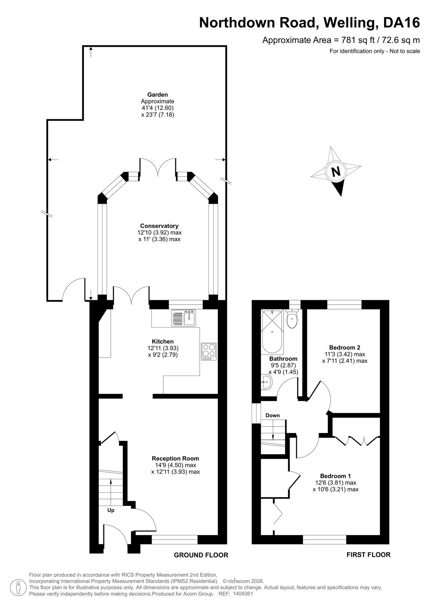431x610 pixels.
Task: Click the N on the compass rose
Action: pyautogui.click(x=336, y=172)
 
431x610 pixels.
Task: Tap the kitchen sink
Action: pyautogui.click(x=184, y=318)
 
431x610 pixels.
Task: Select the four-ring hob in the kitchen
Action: pyautogui.click(x=209, y=352)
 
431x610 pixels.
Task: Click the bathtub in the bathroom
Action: pyautogui.click(x=272, y=331)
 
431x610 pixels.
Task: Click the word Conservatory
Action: pyautogui.click(x=159, y=226)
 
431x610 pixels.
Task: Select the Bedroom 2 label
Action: pyautogui.click(x=345, y=347)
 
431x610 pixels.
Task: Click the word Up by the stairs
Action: pyautogui.click(x=111, y=510)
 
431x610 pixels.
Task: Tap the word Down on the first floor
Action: pyautogui.click(x=272, y=415)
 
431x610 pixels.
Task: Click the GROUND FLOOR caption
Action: pyautogui.click(x=201, y=555)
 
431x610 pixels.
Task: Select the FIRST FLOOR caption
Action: pyautogui.click(x=369, y=555)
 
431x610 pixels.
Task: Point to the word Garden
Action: pyautogui.click(x=157, y=95)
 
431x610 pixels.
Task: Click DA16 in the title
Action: pyautogui.click(x=402, y=23)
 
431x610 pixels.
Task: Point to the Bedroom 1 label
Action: pyautogui.click(x=335, y=476)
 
